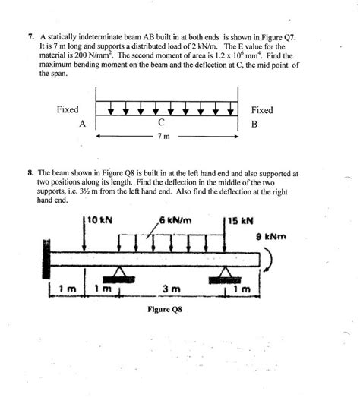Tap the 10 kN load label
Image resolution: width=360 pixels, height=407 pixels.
99,221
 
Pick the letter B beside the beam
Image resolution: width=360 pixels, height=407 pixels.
254,123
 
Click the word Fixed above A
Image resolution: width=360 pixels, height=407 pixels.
68,110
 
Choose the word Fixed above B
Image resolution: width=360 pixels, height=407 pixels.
262,110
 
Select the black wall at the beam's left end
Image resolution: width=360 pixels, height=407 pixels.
49,258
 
